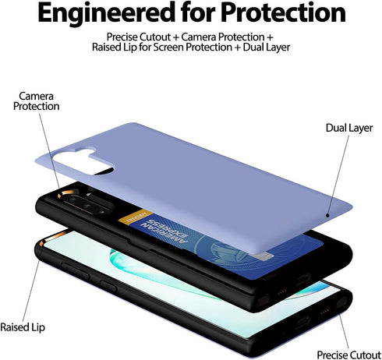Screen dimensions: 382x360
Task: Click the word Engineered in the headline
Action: [106, 13]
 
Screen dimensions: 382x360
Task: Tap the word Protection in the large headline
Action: [284, 12]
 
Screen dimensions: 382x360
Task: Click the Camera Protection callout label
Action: [36, 101]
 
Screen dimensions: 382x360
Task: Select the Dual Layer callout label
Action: [349, 129]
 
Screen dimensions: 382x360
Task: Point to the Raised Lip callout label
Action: [23, 327]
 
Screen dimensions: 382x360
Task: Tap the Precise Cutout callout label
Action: [348, 355]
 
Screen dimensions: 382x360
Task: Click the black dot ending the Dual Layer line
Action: [327, 215]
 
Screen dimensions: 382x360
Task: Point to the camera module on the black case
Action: [86, 202]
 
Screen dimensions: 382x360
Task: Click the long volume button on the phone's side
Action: [76, 270]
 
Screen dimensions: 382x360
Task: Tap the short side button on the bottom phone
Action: [108, 287]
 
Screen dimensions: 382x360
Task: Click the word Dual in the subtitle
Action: [253, 48]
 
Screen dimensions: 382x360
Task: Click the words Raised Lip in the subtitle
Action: [115, 48]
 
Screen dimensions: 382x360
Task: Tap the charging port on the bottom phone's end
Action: [302, 323]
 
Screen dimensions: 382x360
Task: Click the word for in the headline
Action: [198, 12]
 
